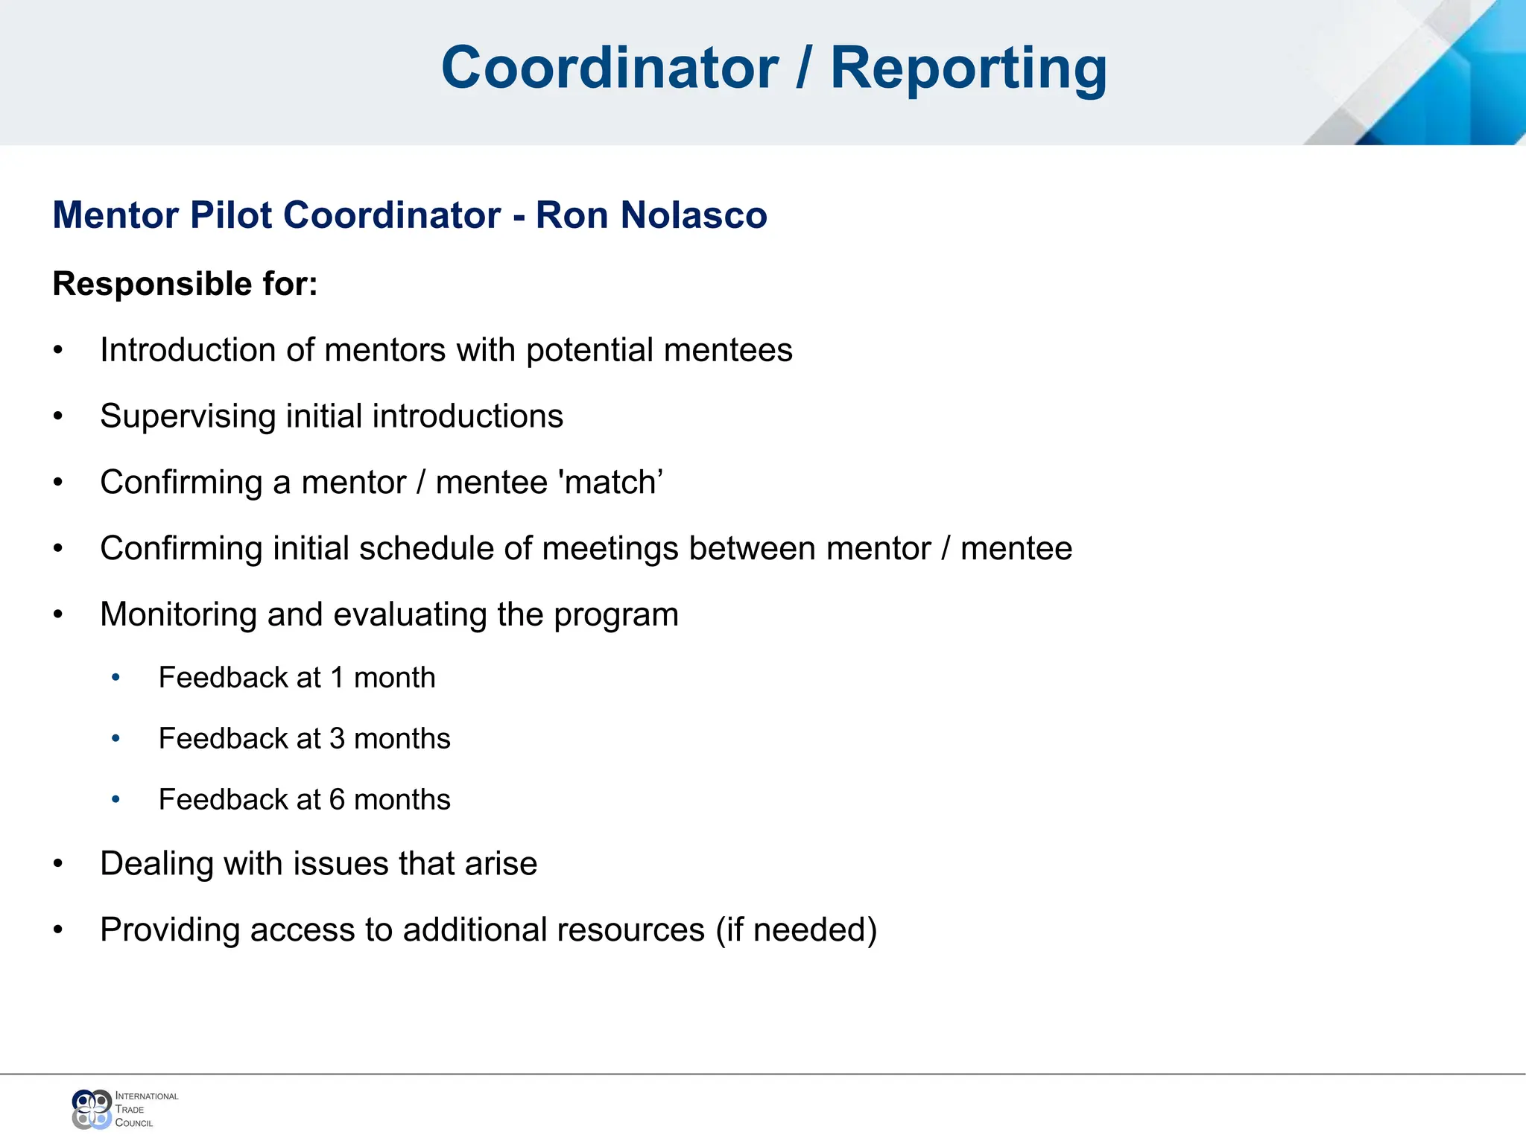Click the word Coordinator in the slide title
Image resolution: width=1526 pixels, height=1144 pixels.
point(610,68)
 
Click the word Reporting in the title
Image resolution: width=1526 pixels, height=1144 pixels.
point(968,68)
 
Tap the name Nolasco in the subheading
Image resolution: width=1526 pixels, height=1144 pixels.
point(694,215)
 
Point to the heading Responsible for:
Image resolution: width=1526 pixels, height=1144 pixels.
point(185,284)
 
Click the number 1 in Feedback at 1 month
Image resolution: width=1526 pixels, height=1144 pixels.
point(338,678)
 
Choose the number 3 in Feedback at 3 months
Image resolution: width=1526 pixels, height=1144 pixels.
point(338,739)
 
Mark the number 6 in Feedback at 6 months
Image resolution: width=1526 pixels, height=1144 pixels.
point(338,800)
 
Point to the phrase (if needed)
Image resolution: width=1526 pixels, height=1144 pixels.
point(797,930)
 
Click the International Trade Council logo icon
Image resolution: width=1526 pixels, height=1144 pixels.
point(92,1109)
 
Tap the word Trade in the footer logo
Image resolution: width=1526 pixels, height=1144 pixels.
point(130,1110)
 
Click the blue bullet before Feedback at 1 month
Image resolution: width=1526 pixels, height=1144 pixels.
point(115,678)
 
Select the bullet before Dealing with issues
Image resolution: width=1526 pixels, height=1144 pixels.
point(58,864)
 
